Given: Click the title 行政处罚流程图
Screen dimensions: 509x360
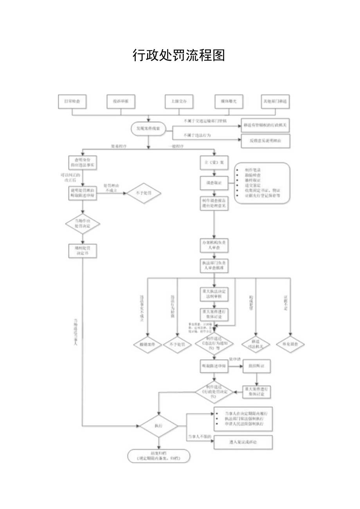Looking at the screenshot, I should pos(179,56).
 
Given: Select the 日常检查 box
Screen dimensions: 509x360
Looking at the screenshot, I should pos(72,101).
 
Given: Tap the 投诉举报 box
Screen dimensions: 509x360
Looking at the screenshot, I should pos(121,101).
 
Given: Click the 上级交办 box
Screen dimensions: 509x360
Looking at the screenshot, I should pos(178,101).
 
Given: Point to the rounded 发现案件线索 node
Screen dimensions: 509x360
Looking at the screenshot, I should pos(148,128).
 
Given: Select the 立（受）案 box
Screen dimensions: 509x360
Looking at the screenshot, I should pos(214,162).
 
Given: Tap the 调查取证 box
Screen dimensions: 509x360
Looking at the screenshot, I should pos(214,182).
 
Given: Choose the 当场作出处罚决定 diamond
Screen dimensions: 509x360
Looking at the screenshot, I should pos(83,223).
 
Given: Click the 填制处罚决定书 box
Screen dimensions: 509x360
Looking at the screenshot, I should pos(83,251).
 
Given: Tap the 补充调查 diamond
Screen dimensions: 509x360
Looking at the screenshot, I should pos(290,345).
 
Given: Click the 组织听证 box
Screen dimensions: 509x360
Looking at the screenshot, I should pos(257,366).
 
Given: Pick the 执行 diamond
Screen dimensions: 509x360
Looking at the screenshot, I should pos(158,425).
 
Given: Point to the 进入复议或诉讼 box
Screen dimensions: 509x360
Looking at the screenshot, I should pos(243,442).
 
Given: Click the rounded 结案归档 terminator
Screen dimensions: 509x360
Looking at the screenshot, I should pos(158,455).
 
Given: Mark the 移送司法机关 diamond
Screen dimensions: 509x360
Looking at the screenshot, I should pos(256,344).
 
